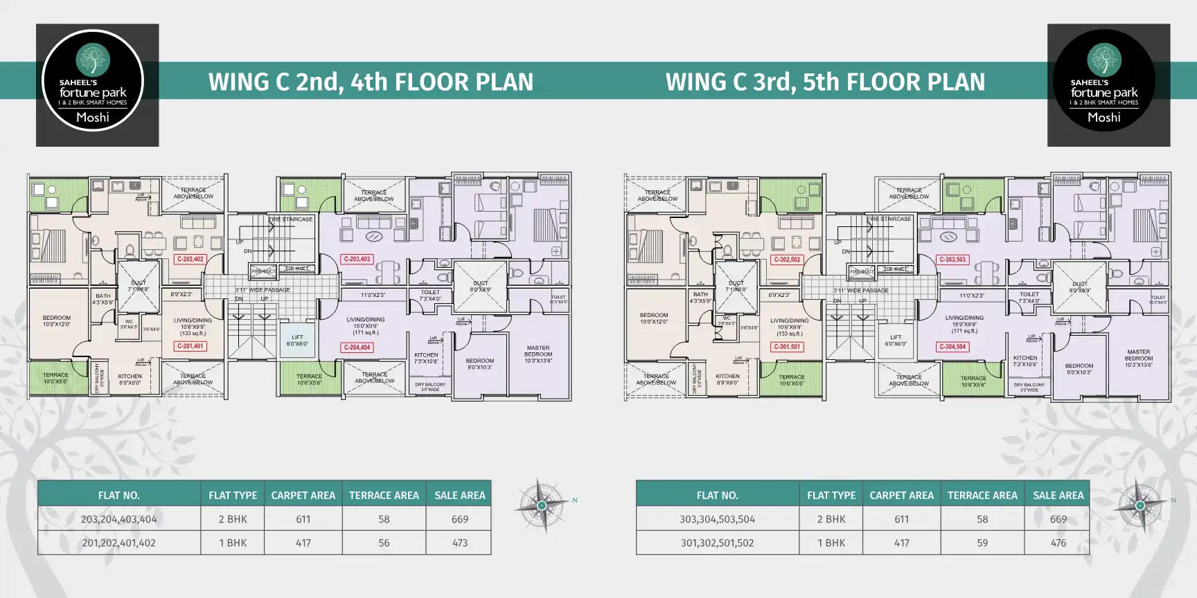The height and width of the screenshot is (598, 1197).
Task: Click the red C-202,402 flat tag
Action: (x=190, y=260)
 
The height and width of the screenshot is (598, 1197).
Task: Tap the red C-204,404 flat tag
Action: (x=357, y=347)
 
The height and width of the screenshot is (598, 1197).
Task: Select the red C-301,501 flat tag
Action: (x=787, y=347)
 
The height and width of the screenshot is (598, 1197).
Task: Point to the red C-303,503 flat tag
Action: (x=952, y=260)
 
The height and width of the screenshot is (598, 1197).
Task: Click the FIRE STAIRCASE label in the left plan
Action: (x=291, y=219)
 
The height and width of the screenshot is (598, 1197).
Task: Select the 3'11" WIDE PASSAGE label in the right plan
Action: (x=860, y=291)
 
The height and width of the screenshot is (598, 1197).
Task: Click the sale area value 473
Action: (x=460, y=543)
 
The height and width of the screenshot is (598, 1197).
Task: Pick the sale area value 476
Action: (x=1058, y=543)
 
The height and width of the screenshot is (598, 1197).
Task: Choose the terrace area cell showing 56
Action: (x=384, y=543)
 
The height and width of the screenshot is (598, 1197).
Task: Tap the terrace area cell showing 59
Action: (x=982, y=543)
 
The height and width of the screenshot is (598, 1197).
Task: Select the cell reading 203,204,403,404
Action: (x=118, y=519)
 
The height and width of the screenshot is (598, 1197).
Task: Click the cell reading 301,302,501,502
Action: (x=717, y=543)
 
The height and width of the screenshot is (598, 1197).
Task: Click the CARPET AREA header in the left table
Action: (x=303, y=496)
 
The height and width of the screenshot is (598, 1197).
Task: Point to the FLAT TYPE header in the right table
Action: (x=831, y=496)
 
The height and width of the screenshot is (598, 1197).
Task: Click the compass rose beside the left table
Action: (x=542, y=505)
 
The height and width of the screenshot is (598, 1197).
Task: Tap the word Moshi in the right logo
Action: (x=1103, y=118)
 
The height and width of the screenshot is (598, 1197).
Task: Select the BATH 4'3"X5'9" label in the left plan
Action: (x=103, y=298)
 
